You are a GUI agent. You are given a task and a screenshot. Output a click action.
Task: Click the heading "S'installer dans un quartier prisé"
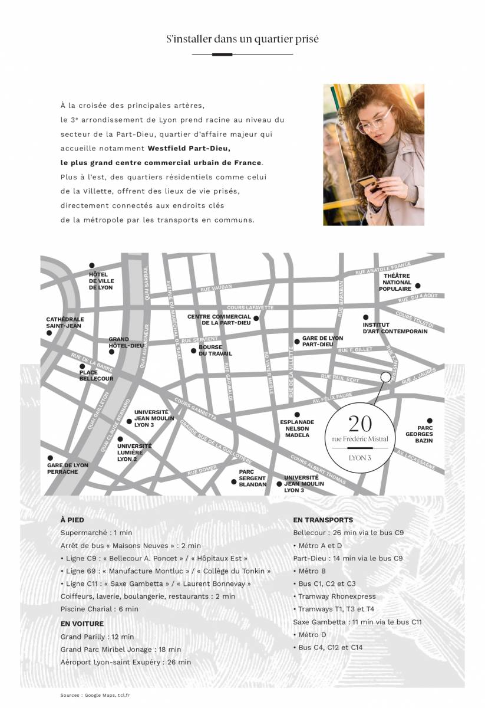pos(242,40)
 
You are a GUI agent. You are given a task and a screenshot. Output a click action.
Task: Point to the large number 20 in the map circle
pos(359,424)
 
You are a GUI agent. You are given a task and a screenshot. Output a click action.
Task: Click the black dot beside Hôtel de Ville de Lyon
pos(91,265)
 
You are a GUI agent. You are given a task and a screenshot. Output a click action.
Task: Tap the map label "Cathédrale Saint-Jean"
pos(65,322)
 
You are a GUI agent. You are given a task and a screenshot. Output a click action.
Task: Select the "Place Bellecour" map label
pos(96,375)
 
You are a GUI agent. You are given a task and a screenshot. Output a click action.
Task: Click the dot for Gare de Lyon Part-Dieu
pos(297,342)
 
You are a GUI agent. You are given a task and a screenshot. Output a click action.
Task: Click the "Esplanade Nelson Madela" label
pos(296,428)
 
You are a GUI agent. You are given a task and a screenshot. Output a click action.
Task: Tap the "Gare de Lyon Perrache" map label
pos(68,468)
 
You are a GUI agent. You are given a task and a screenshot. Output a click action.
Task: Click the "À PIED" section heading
pos(72,520)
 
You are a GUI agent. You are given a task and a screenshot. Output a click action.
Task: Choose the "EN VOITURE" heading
pos(82,624)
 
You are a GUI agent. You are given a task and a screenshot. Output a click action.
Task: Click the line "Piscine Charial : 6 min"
pos(99,609)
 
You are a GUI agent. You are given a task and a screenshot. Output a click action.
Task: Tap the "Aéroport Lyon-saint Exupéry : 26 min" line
pos(126,663)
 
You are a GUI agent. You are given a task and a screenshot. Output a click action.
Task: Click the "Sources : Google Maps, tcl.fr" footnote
pos(95,695)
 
